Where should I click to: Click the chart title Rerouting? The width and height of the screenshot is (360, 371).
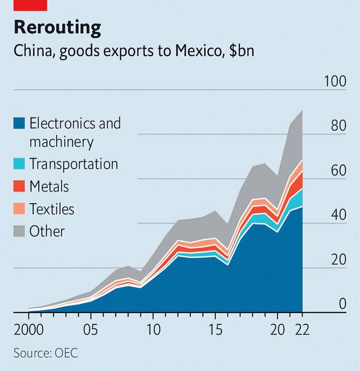57,27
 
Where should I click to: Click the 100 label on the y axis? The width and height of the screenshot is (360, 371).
335,82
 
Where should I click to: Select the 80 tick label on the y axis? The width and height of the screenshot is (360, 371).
338,126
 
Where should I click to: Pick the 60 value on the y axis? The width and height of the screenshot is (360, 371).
338,171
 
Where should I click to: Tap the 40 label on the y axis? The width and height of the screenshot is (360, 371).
338,216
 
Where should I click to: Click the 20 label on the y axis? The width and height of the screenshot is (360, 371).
338,260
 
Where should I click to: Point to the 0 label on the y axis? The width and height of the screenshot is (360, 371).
342,304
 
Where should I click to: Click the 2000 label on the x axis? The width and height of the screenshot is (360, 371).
28,331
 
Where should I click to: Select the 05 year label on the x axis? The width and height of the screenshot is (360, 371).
91,331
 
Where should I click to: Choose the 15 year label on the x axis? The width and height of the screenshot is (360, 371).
215,331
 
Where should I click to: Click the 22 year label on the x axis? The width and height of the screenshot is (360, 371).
302,331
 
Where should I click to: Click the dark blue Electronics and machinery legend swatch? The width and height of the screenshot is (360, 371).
19,123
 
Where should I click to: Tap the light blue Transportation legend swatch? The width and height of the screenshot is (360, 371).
19,163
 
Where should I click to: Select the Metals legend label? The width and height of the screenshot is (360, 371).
49,186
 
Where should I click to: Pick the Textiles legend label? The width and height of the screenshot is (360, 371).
52,208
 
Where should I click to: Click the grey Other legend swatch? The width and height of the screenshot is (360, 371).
19,231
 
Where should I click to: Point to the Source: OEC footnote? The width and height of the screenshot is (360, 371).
46,353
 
